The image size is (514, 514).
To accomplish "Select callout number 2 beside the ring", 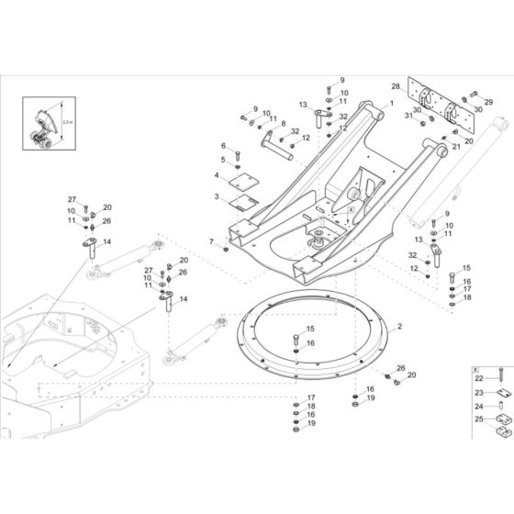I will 399,327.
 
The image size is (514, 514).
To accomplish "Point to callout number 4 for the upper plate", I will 218,174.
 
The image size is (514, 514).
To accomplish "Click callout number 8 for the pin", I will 284,124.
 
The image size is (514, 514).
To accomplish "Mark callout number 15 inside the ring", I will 310,328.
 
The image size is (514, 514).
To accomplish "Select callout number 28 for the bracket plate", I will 396,86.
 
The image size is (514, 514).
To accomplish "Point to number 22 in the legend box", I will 478,377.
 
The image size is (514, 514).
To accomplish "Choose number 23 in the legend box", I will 478,392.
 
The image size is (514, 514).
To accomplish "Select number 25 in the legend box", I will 478,420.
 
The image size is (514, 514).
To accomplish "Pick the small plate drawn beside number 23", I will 501,392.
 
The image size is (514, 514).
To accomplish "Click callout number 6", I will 223,146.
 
